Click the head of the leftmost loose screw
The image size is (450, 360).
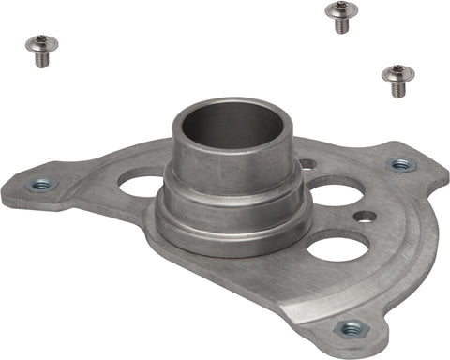[x=40, y=43]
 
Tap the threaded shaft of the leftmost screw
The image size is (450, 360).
[x=42, y=58]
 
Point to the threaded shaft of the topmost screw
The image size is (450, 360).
[x=341, y=26]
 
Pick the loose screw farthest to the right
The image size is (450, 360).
[x=398, y=79]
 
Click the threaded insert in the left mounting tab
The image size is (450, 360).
[x=41, y=185]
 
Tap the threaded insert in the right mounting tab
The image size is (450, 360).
[x=401, y=165]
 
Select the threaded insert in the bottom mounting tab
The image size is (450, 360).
[x=351, y=328]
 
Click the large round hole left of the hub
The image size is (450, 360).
[x=142, y=184]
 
